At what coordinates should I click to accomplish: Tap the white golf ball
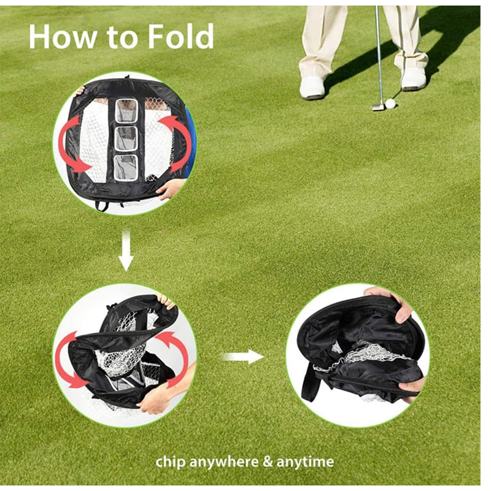pos(390,103)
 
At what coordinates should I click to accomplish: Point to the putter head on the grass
pos(377,107)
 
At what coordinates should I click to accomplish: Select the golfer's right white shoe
pos(413,79)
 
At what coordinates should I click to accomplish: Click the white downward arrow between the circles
pos(126,250)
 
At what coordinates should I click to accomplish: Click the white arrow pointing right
pos(242,357)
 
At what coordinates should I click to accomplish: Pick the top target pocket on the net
pos(126,111)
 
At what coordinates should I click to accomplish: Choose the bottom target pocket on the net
pos(126,168)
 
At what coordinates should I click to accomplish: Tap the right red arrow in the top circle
pos(176,142)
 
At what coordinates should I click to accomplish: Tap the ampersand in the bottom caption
pos(268,462)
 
